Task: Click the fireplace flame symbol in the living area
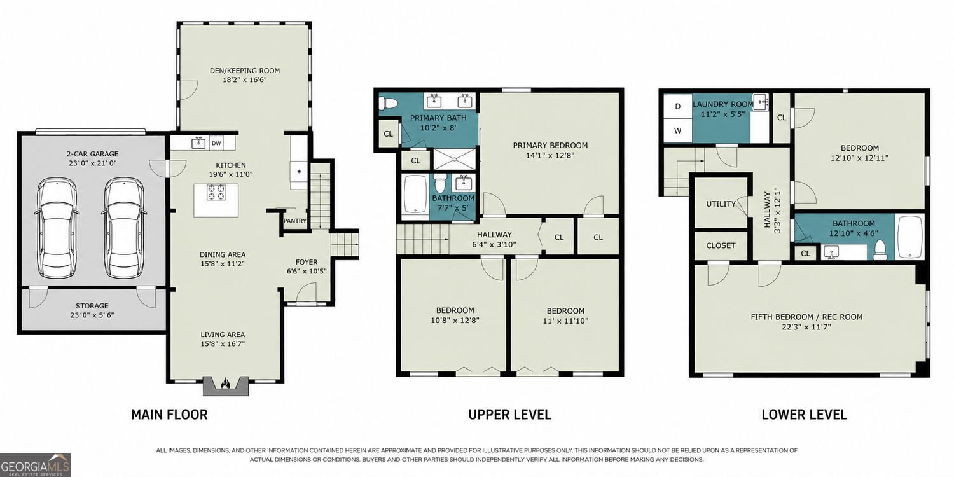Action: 225,384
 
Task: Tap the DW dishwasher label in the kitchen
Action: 216,144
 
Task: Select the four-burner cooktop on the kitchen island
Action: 216,192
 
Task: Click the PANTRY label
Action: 295,221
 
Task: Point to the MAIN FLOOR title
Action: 169,415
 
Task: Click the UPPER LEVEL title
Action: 510,415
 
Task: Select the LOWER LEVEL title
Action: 804,415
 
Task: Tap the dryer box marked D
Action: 677,106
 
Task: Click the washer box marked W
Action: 677,130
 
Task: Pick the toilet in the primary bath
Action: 388,103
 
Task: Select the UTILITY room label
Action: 721,204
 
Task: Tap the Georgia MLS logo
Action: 36,465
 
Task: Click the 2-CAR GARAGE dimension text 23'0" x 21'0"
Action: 92,163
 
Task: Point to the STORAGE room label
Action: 92,306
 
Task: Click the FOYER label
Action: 307,262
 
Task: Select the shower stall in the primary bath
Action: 454,159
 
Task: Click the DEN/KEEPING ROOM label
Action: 244,71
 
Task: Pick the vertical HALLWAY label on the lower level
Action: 767,209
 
